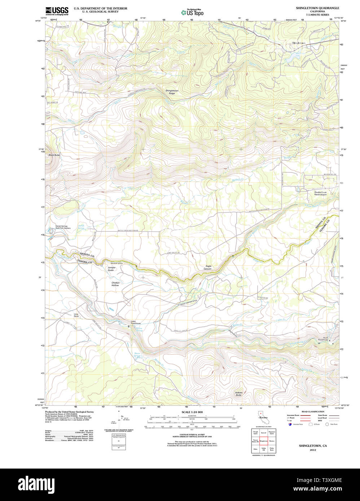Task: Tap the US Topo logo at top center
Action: (x=192, y=13)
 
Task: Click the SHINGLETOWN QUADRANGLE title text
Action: (x=312, y=8)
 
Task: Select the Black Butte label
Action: (x=54, y=155)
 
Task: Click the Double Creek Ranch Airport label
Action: (x=320, y=194)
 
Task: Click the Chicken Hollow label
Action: (x=115, y=284)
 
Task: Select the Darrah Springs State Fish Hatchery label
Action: (x=63, y=227)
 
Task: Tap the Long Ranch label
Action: (x=76, y=315)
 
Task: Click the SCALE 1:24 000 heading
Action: (x=192, y=412)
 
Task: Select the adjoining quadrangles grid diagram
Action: (x=264, y=440)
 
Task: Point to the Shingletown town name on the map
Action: (x=298, y=43)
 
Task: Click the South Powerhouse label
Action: (x=323, y=339)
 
